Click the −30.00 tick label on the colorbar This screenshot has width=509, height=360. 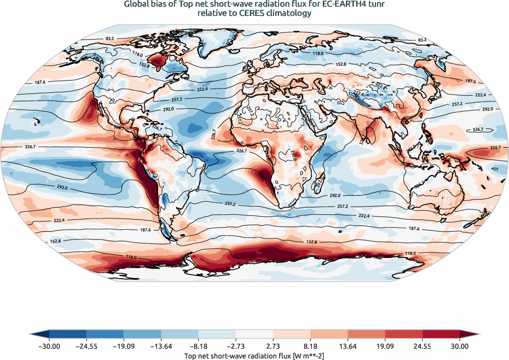(x=49, y=347)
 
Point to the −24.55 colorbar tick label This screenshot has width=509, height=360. (x=86, y=347)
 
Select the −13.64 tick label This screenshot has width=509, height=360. (x=161, y=347)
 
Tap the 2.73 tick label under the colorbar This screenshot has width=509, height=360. (x=273, y=347)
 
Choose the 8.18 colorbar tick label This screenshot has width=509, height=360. (x=310, y=347)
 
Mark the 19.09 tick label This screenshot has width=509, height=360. (x=385, y=347)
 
